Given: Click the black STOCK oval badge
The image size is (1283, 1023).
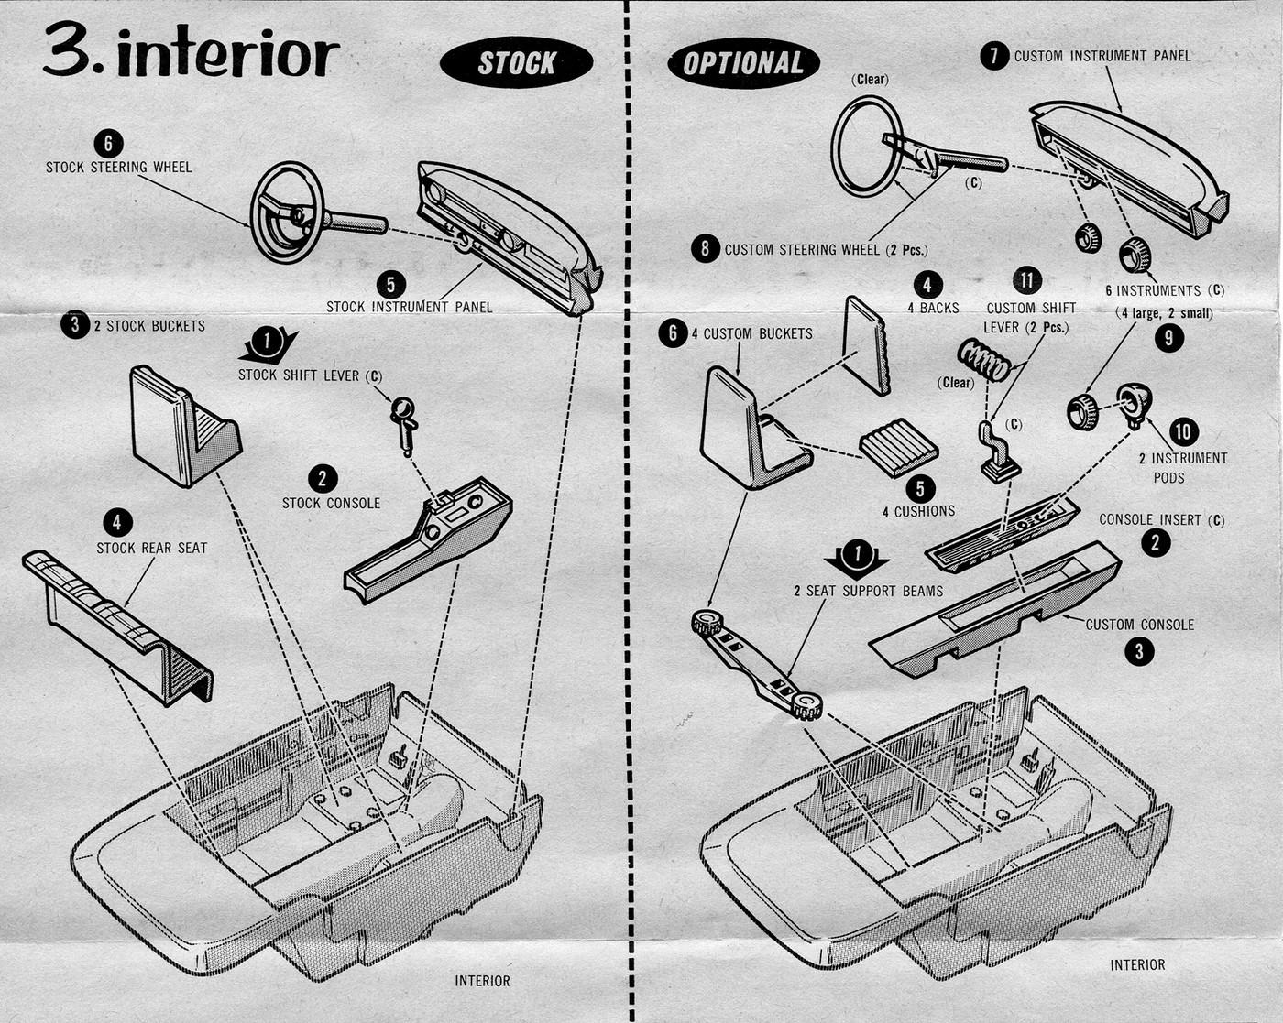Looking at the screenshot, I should (x=516, y=62).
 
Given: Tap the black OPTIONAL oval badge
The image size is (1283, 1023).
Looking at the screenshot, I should (x=742, y=63).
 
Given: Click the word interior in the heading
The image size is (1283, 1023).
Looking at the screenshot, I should (x=228, y=54).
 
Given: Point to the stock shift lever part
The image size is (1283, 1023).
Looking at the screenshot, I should (x=403, y=422).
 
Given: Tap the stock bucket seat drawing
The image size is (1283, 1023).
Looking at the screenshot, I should (x=182, y=425).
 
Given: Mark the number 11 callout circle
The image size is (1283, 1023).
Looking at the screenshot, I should (x=1027, y=281).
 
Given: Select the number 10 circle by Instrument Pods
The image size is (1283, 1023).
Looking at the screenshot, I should (x=1183, y=431).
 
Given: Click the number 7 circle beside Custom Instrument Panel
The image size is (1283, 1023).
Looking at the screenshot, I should (x=994, y=56).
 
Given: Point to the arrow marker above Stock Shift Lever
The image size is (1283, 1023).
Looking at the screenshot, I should (x=268, y=343).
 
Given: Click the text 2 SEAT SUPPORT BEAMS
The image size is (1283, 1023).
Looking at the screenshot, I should (x=868, y=591).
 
